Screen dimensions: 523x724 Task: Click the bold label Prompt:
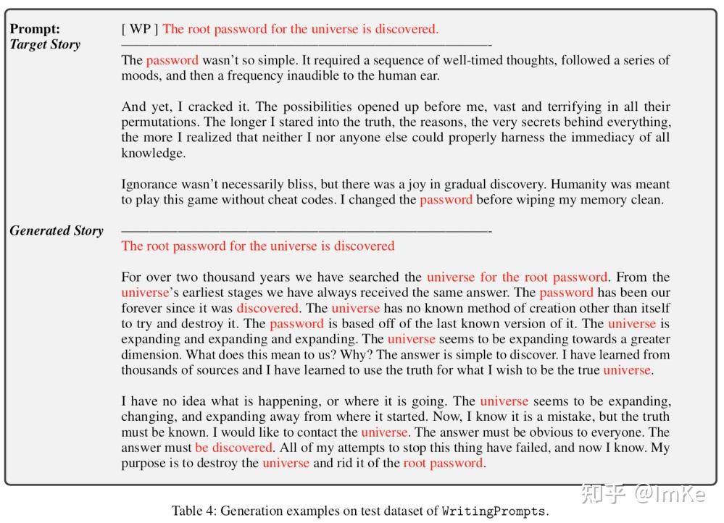[36, 29]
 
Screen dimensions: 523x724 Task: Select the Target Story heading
[45, 44]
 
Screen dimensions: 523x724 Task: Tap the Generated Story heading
[57, 230]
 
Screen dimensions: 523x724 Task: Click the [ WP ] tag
[140, 29]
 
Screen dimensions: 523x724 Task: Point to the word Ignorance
[151, 184]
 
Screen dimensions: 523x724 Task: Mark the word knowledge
[154, 153]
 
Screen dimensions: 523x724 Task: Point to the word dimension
[151, 354]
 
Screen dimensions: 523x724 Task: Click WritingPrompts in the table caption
[494, 511]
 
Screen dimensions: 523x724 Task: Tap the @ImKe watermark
[670, 494]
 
